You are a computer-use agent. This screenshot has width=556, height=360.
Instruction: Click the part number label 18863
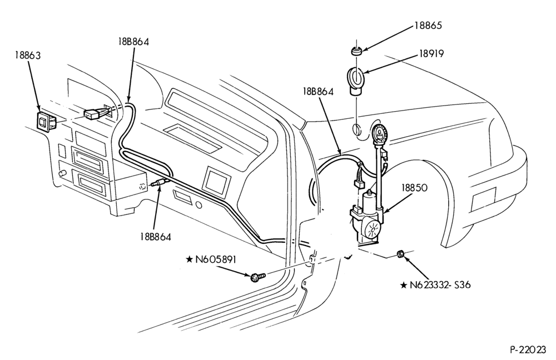click(28, 55)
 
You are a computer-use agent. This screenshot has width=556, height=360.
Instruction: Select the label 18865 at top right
click(428, 26)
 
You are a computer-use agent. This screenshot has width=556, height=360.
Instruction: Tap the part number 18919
click(431, 54)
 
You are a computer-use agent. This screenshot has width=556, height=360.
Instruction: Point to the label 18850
click(415, 188)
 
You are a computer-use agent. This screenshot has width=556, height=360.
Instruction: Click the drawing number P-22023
click(528, 350)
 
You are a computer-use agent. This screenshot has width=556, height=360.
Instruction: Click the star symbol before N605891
click(189, 260)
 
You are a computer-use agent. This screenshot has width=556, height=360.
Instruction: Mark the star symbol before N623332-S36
click(403, 285)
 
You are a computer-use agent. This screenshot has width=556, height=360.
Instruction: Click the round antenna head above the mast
click(380, 132)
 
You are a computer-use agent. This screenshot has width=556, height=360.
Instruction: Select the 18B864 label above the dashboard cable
click(133, 42)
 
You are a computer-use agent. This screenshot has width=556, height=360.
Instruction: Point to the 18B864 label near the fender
click(318, 92)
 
